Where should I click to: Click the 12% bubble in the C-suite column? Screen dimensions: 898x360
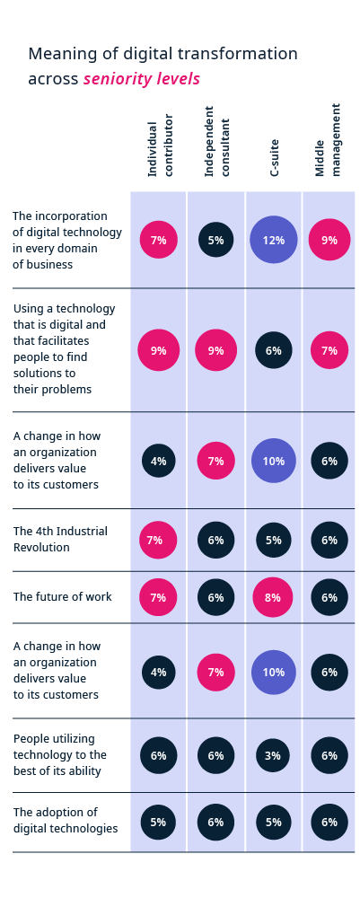coord(274,240)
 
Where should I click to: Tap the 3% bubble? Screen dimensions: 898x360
coord(274,755)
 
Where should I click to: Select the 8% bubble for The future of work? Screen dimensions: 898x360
coord(274,597)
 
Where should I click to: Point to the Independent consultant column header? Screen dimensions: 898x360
coord(216,142)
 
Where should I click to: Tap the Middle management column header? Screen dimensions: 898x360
coord(329,140)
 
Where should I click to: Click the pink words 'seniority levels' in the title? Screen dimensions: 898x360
coord(142,79)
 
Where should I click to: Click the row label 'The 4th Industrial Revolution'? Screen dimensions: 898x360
coord(60,539)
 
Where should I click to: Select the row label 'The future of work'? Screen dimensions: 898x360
coord(62,596)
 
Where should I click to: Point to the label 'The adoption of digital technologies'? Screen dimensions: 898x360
coord(66,820)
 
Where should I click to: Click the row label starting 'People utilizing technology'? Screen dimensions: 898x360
coord(59,754)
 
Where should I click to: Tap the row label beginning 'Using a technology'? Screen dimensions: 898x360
coord(64,348)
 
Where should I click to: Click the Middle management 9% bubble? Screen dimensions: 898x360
coord(329,240)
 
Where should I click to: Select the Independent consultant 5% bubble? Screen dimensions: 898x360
coord(216,240)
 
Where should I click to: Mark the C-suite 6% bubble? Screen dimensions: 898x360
coord(274,350)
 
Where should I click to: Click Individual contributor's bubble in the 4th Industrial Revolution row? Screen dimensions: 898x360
coord(159,540)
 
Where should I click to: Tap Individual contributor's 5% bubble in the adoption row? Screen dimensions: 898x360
coord(159,822)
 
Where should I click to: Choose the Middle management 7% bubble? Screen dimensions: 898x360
coord(329,350)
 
